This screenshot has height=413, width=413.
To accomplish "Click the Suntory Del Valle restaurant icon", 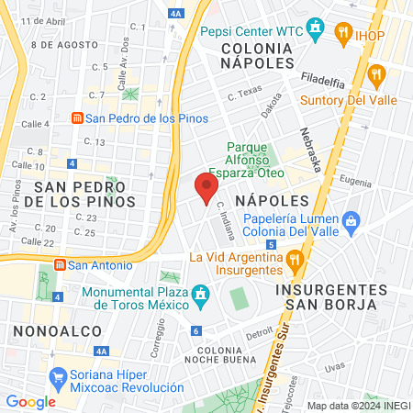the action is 374,74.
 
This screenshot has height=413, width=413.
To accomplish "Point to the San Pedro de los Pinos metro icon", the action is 80,118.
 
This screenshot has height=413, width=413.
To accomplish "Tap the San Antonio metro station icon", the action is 60,265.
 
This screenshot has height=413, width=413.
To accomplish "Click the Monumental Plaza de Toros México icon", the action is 199,294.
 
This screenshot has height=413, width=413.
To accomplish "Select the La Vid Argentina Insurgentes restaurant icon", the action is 294,259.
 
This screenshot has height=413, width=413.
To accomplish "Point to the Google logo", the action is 30,401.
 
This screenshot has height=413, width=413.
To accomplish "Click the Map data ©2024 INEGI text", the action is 358,405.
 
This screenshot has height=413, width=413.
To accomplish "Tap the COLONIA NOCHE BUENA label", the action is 225,354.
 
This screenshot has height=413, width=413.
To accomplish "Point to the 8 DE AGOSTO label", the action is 63,44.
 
